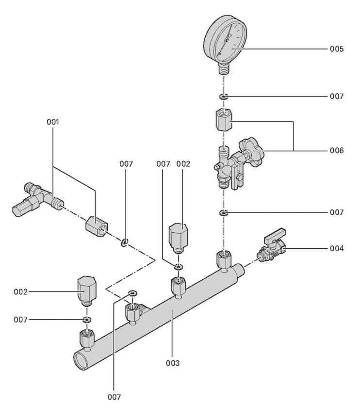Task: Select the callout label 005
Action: (337, 49)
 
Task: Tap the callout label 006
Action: (337, 150)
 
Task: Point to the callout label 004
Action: (337, 248)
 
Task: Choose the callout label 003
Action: (173, 363)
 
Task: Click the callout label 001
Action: (53, 122)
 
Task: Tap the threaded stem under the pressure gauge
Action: (224, 68)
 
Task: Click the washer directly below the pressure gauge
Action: (224, 96)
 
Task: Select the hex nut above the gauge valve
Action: (224, 120)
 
